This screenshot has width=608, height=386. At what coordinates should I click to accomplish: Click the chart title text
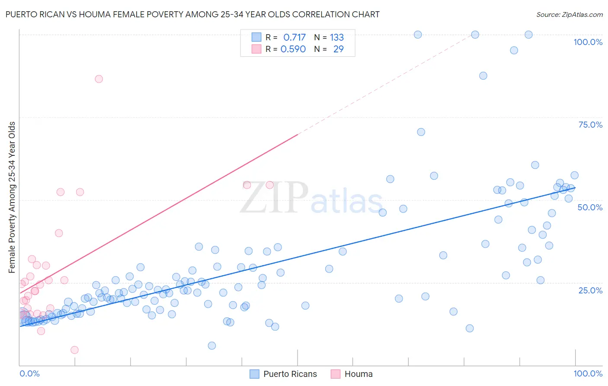click(192, 14)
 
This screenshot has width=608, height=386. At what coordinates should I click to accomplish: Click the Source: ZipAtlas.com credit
click(569, 15)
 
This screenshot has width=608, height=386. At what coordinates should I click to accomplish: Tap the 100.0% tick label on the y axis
click(588, 42)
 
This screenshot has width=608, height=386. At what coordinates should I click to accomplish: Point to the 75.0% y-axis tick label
click(590, 125)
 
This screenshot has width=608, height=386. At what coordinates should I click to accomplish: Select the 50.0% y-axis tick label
click(590, 207)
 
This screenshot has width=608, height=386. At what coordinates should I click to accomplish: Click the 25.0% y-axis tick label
click(590, 290)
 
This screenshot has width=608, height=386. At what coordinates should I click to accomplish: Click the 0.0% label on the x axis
click(29, 373)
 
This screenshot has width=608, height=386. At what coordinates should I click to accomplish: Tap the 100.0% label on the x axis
click(588, 373)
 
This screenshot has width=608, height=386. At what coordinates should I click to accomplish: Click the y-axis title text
click(12, 197)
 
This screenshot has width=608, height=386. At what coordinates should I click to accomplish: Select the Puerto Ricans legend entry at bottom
click(290, 374)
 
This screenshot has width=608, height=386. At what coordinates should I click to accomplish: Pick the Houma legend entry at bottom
click(358, 374)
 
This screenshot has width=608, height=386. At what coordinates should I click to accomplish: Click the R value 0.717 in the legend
click(294, 38)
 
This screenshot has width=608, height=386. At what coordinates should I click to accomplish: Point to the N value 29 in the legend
click(338, 49)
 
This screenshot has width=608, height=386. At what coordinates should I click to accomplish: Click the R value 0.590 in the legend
click(293, 49)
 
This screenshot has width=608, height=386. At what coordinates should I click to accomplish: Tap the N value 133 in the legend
click(336, 38)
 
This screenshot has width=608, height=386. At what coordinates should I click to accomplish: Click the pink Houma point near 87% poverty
click(99, 79)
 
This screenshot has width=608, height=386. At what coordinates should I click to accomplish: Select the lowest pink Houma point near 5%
click(74, 350)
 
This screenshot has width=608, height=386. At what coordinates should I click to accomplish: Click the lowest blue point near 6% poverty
click(211, 345)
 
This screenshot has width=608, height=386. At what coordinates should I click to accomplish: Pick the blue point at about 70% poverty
click(421, 132)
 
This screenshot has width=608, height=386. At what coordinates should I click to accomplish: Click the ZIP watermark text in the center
click(274, 198)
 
